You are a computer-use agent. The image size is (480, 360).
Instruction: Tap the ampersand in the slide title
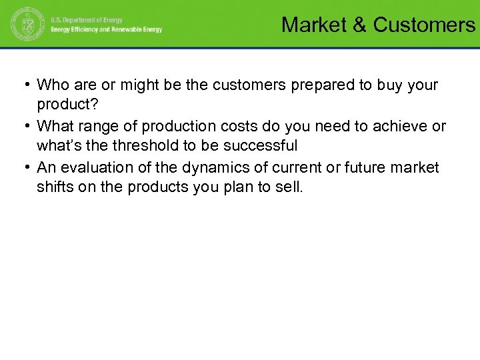click(359, 25)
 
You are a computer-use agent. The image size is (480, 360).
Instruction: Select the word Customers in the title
click(424, 25)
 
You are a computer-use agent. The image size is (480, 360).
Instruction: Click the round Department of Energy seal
click(25, 25)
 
